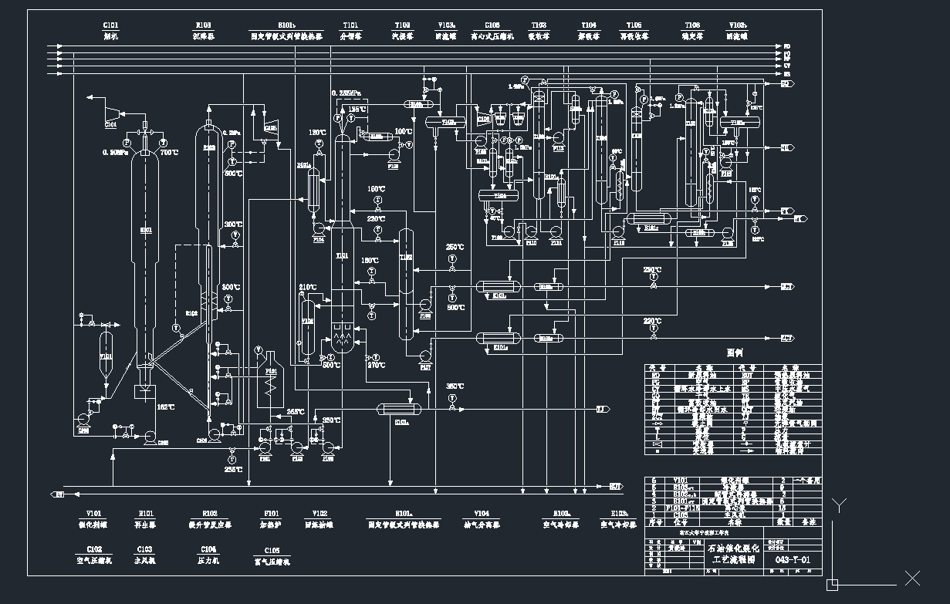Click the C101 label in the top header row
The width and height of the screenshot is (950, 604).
111,25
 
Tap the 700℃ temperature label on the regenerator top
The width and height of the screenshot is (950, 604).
169,153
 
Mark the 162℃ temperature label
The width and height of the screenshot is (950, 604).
165,407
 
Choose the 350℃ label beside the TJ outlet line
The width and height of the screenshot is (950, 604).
455,386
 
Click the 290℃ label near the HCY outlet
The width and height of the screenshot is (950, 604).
652,270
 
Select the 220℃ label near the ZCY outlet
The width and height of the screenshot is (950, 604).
652,322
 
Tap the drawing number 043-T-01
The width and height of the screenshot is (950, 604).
791,559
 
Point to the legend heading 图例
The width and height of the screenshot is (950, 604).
734,352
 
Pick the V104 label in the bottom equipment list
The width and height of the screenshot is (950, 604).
481,514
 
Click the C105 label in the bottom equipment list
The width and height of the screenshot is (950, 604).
272,550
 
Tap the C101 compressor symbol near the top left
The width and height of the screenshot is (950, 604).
111,114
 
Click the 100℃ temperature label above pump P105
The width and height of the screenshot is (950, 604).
404,132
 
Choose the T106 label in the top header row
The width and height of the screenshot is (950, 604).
691,25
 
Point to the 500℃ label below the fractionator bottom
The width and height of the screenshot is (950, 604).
331,366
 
